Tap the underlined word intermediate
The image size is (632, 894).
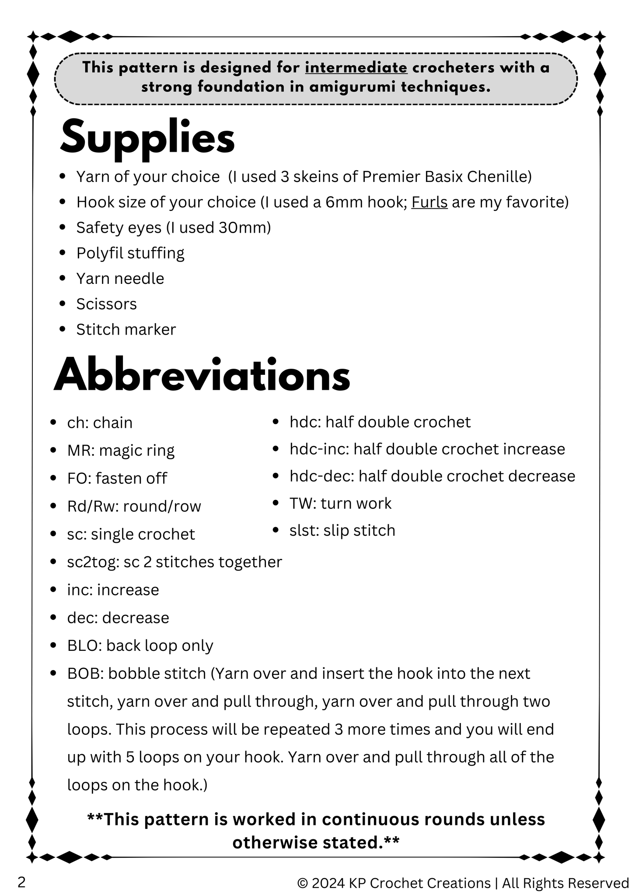356,68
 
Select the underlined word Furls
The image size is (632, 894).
429,202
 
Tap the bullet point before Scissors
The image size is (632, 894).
63,304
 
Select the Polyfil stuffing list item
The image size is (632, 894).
130,253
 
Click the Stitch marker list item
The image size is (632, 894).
126,329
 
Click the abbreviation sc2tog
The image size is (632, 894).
92,562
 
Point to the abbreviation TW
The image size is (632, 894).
301,503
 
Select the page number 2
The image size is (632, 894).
21,882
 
